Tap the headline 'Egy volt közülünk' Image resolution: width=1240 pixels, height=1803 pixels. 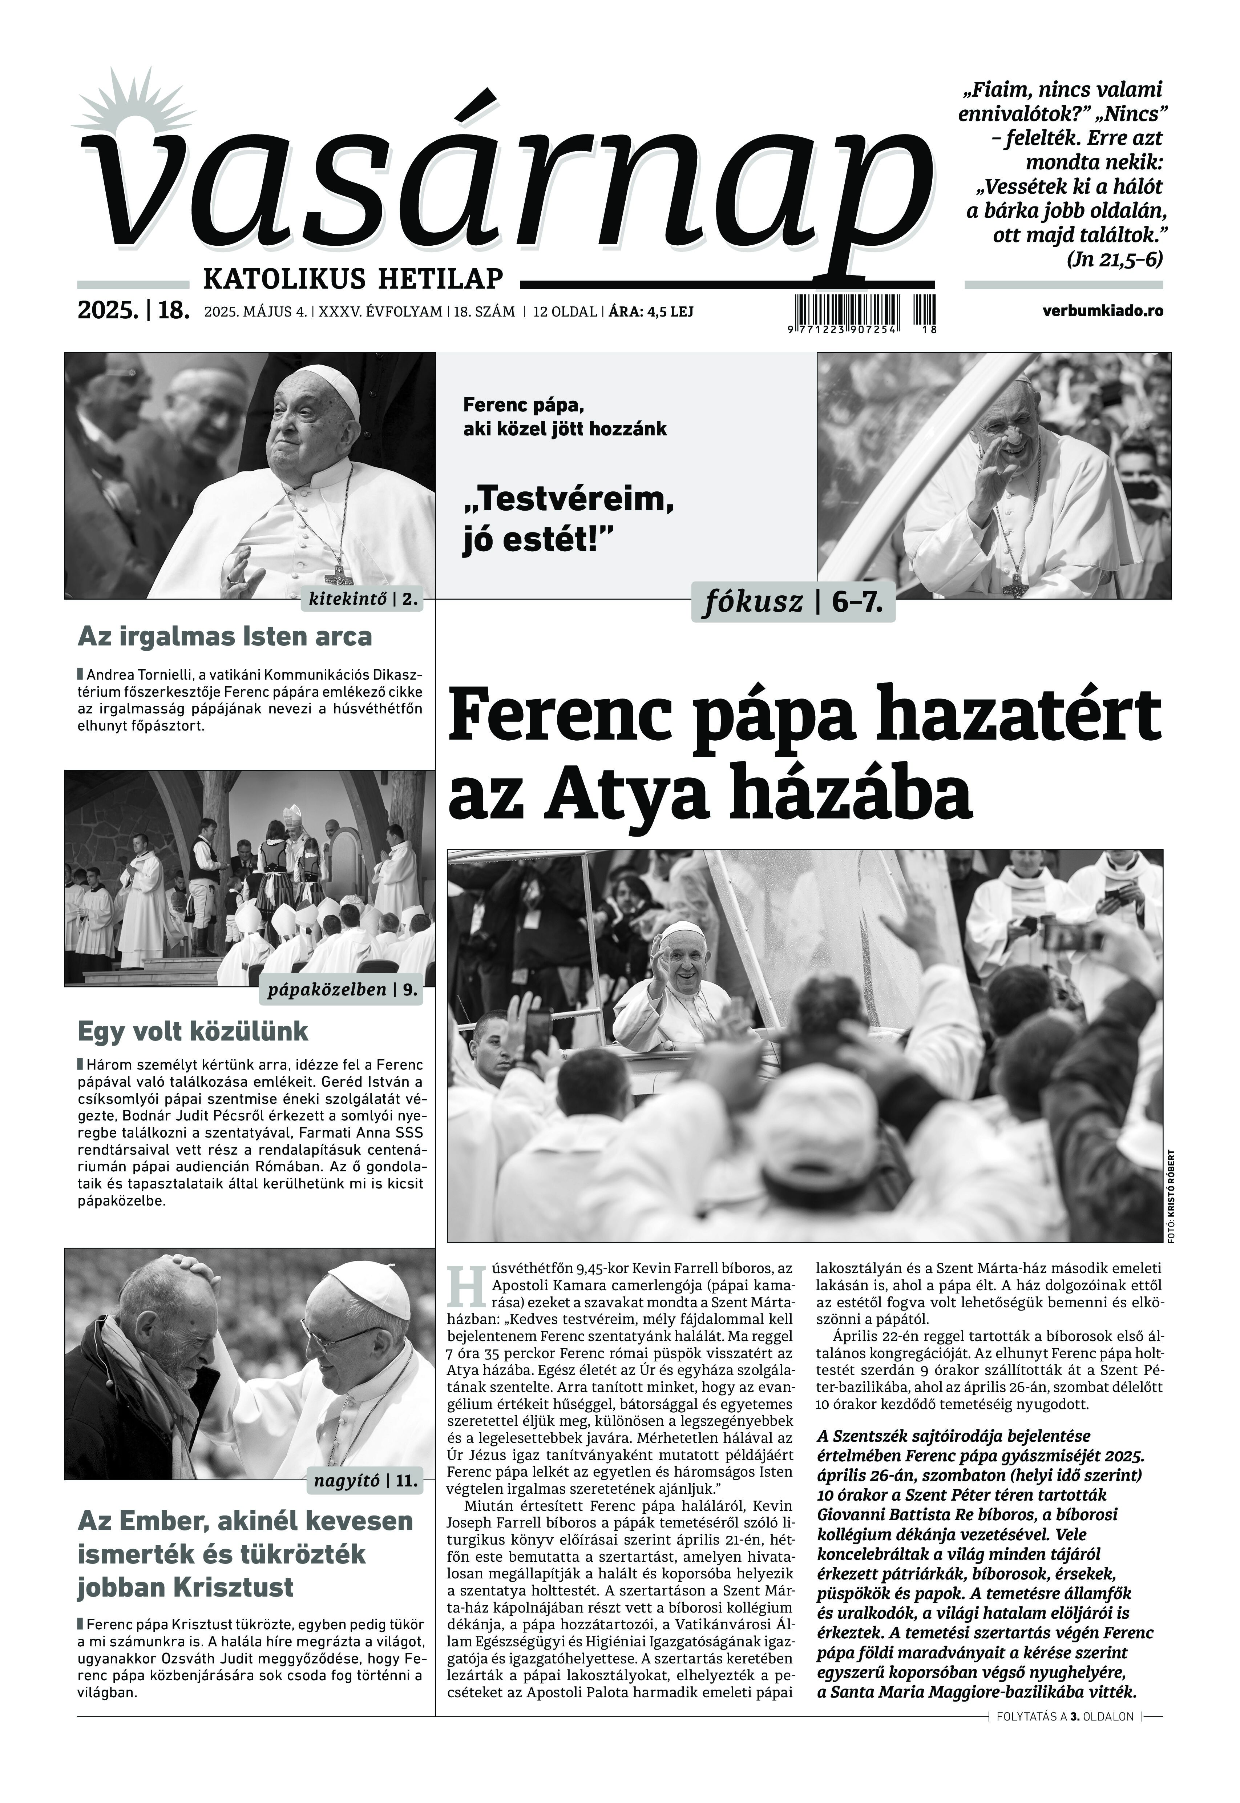click(193, 1031)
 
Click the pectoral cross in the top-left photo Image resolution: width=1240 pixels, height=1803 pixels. click(339, 574)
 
